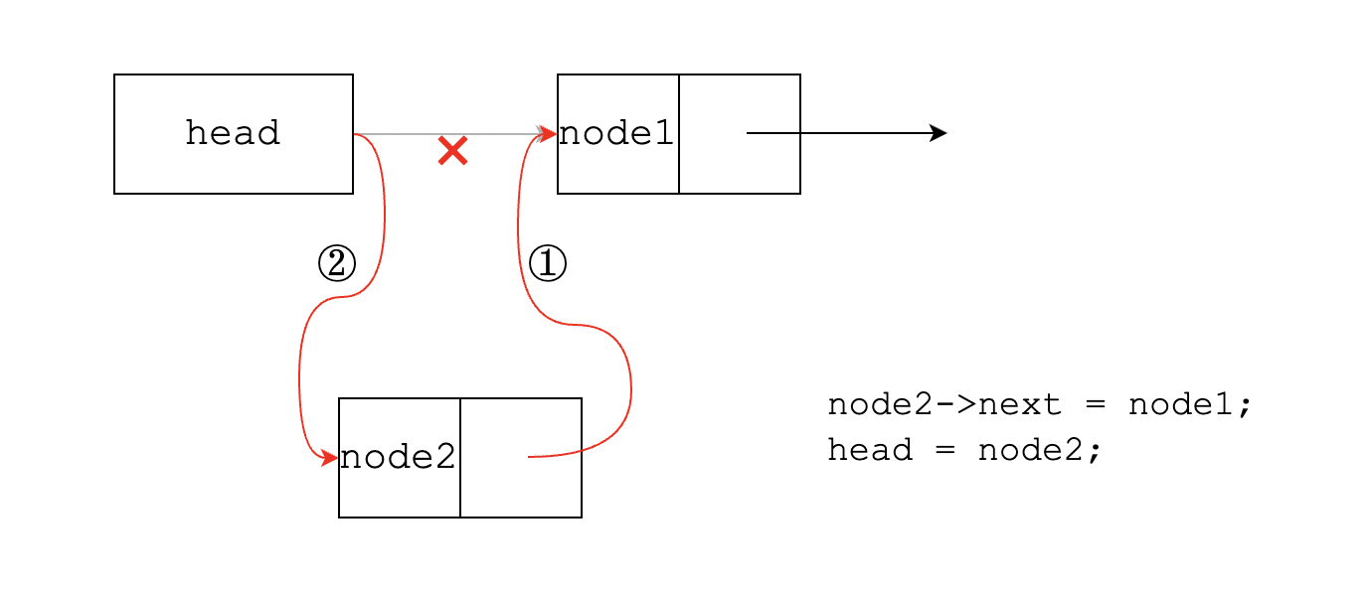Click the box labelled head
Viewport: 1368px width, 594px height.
click(x=234, y=133)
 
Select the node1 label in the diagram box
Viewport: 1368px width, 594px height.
click(x=616, y=133)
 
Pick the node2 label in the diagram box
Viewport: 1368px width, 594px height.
click(x=398, y=457)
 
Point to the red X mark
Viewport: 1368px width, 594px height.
click(x=452, y=151)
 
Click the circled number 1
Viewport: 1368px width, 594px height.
click(x=547, y=264)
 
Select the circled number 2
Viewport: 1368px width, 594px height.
click(x=336, y=263)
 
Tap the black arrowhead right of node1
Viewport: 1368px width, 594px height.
click(x=938, y=133)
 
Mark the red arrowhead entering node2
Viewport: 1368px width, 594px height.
click(x=329, y=458)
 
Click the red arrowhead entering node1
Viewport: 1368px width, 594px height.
click(x=547, y=134)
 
